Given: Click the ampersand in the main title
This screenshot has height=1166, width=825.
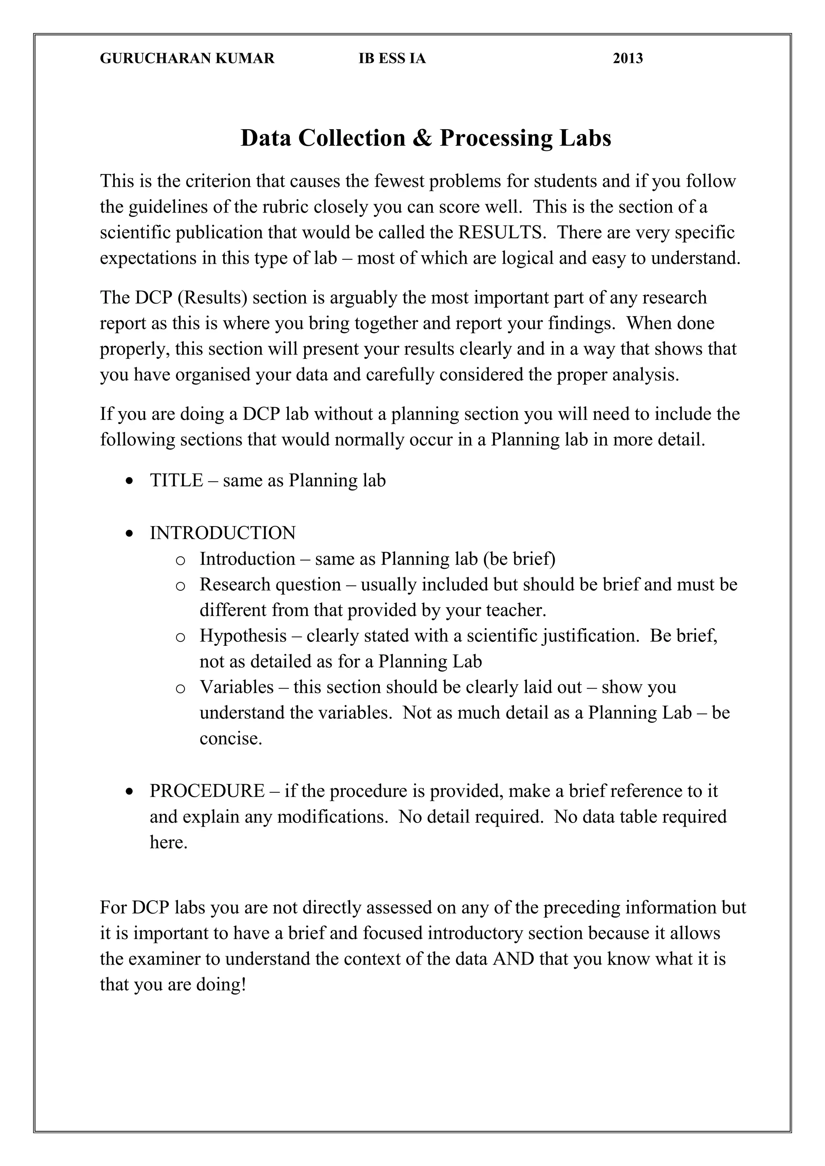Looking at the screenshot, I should coord(421,138).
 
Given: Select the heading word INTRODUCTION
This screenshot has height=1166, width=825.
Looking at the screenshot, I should coord(222,533).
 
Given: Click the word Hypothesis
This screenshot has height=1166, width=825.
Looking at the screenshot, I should coord(243,636).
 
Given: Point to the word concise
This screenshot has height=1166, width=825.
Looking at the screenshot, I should coord(231,738).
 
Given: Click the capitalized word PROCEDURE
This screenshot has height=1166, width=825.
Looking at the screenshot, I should coord(207,791).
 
